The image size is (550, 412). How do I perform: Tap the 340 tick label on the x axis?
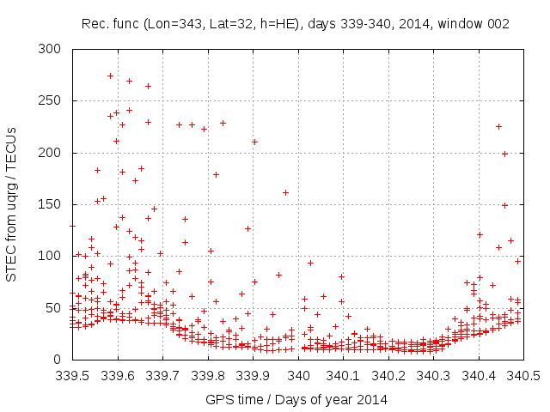[x=298, y=375]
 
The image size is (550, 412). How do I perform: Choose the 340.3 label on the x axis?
[x=432, y=375]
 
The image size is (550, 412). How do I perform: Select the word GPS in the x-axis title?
[x=218, y=399]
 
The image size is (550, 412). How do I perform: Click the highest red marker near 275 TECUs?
[x=110, y=76]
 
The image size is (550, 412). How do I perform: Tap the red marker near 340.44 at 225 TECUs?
[x=498, y=127]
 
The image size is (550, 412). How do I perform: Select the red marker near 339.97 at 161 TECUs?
[x=285, y=192]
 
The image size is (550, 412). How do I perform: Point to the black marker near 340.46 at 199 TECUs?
[x=505, y=154]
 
